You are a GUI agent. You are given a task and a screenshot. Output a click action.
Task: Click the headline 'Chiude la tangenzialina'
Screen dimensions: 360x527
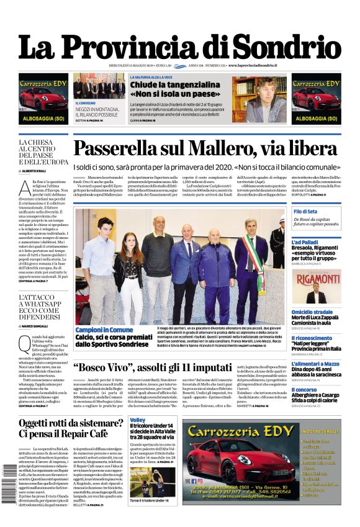click(166, 84)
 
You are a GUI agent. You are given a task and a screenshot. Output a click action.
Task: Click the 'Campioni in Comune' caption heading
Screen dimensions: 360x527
click(104, 330)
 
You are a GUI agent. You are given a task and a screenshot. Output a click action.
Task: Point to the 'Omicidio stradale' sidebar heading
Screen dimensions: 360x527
click(313, 312)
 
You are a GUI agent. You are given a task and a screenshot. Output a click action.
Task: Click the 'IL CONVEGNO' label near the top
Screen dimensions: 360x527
click(86, 103)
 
